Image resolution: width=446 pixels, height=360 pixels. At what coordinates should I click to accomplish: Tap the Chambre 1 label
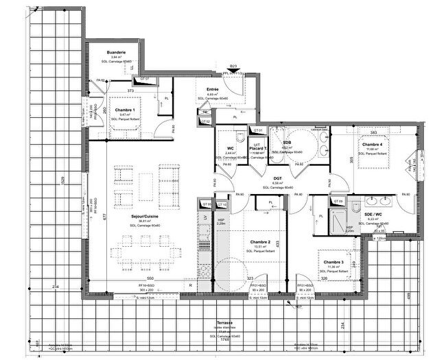[125, 110]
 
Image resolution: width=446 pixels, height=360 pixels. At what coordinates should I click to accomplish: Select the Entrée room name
[212, 89]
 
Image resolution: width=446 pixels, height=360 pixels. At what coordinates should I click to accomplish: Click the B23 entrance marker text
[233, 67]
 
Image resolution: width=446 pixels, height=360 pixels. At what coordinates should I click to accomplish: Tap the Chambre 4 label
[372, 145]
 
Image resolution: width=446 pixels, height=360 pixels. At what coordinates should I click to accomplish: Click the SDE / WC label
[373, 213]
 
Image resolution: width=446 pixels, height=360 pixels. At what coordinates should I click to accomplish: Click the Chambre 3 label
[334, 262]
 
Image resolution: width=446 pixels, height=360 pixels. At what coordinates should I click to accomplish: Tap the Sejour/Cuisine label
[145, 215]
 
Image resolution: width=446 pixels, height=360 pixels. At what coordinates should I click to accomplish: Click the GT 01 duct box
[258, 130]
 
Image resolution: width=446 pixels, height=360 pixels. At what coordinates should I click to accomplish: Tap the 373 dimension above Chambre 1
[130, 91]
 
